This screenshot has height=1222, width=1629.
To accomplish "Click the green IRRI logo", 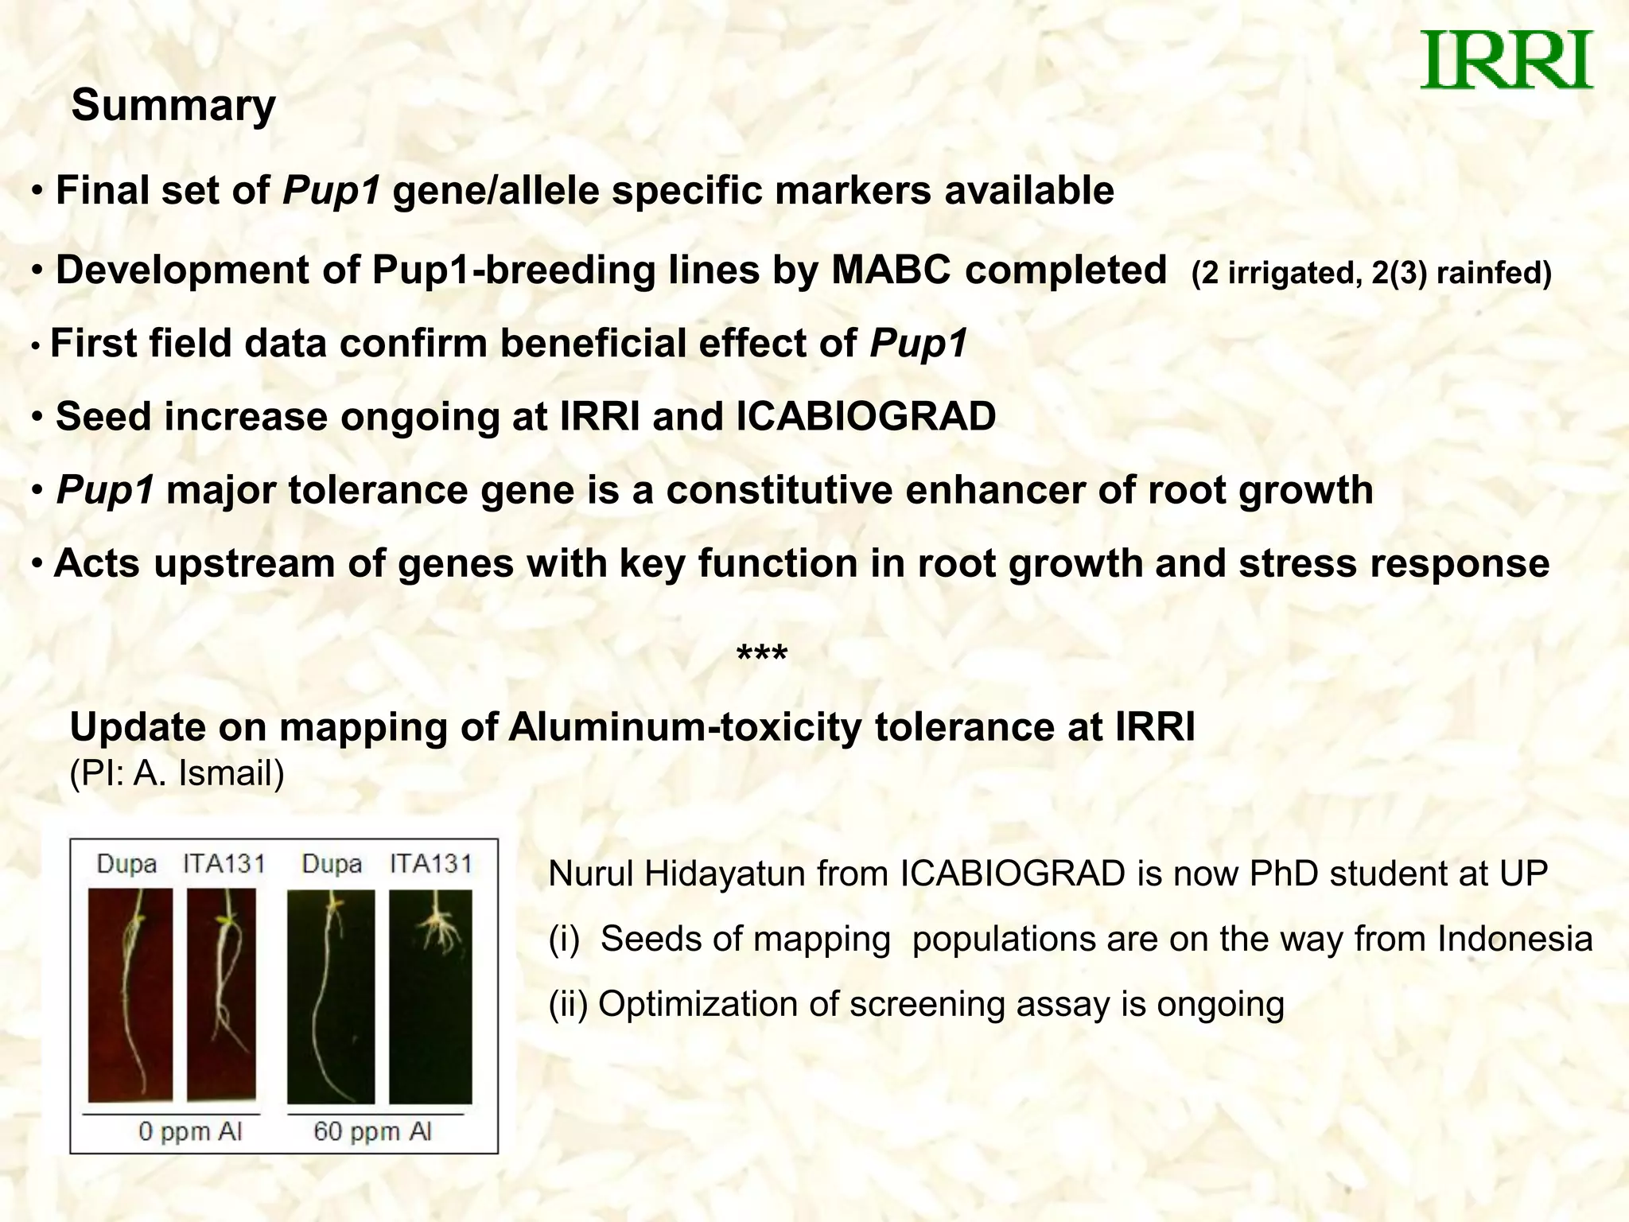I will (1506, 60).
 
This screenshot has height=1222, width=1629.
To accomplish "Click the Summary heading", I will (173, 105).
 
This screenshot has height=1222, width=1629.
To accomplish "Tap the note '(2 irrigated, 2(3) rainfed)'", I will (1371, 273).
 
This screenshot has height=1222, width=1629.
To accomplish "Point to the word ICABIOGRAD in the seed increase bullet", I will (865, 417).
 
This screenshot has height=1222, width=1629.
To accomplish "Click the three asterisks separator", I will (761, 656).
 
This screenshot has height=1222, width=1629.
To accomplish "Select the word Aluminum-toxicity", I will (685, 727).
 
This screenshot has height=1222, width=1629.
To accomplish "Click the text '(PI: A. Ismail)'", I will (177, 773).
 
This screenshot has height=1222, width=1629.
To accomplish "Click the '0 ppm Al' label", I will (189, 1131).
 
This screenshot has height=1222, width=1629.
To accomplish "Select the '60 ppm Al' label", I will (372, 1131).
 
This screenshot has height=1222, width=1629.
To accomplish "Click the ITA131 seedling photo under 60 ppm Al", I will (430, 996).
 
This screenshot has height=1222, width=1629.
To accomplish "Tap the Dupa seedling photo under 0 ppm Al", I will (130, 996).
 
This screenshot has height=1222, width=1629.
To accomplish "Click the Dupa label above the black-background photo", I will (332, 864).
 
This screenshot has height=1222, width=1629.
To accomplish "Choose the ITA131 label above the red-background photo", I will (224, 864).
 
